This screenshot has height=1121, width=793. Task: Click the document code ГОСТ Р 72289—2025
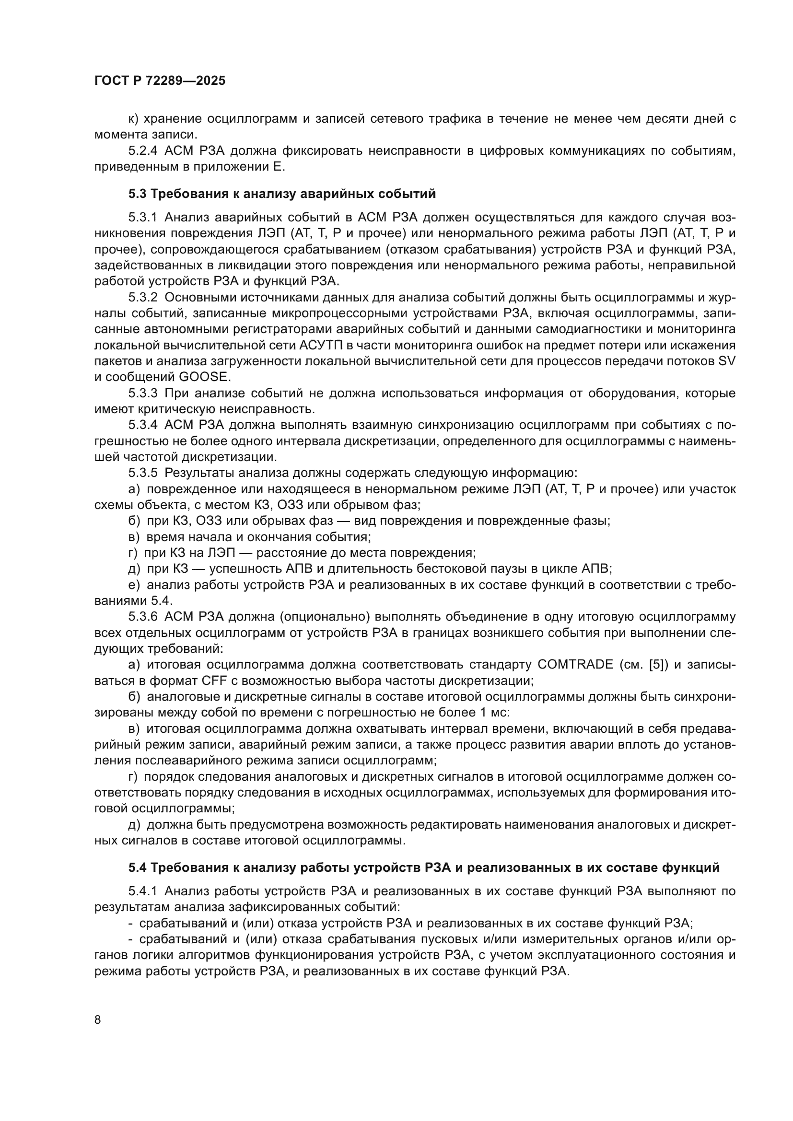[160, 81]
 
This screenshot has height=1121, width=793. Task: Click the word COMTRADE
[575, 664]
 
